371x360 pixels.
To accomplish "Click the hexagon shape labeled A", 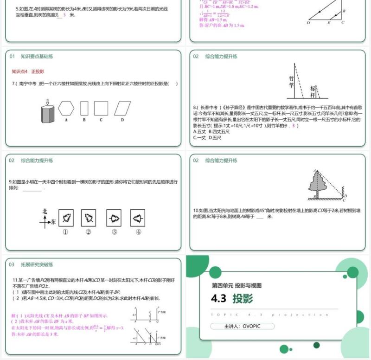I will (66, 108).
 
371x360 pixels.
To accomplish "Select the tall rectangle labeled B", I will (84, 108).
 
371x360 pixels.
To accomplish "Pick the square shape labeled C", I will (101, 108).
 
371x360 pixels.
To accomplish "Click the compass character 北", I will (45, 212).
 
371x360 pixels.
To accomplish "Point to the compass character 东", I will (54, 222).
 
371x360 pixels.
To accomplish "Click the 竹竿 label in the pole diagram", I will (291, 82).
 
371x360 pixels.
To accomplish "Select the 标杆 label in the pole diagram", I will (313, 89).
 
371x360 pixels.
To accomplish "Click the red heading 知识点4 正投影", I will (28, 71).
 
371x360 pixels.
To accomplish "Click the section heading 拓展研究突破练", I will (37, 265).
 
